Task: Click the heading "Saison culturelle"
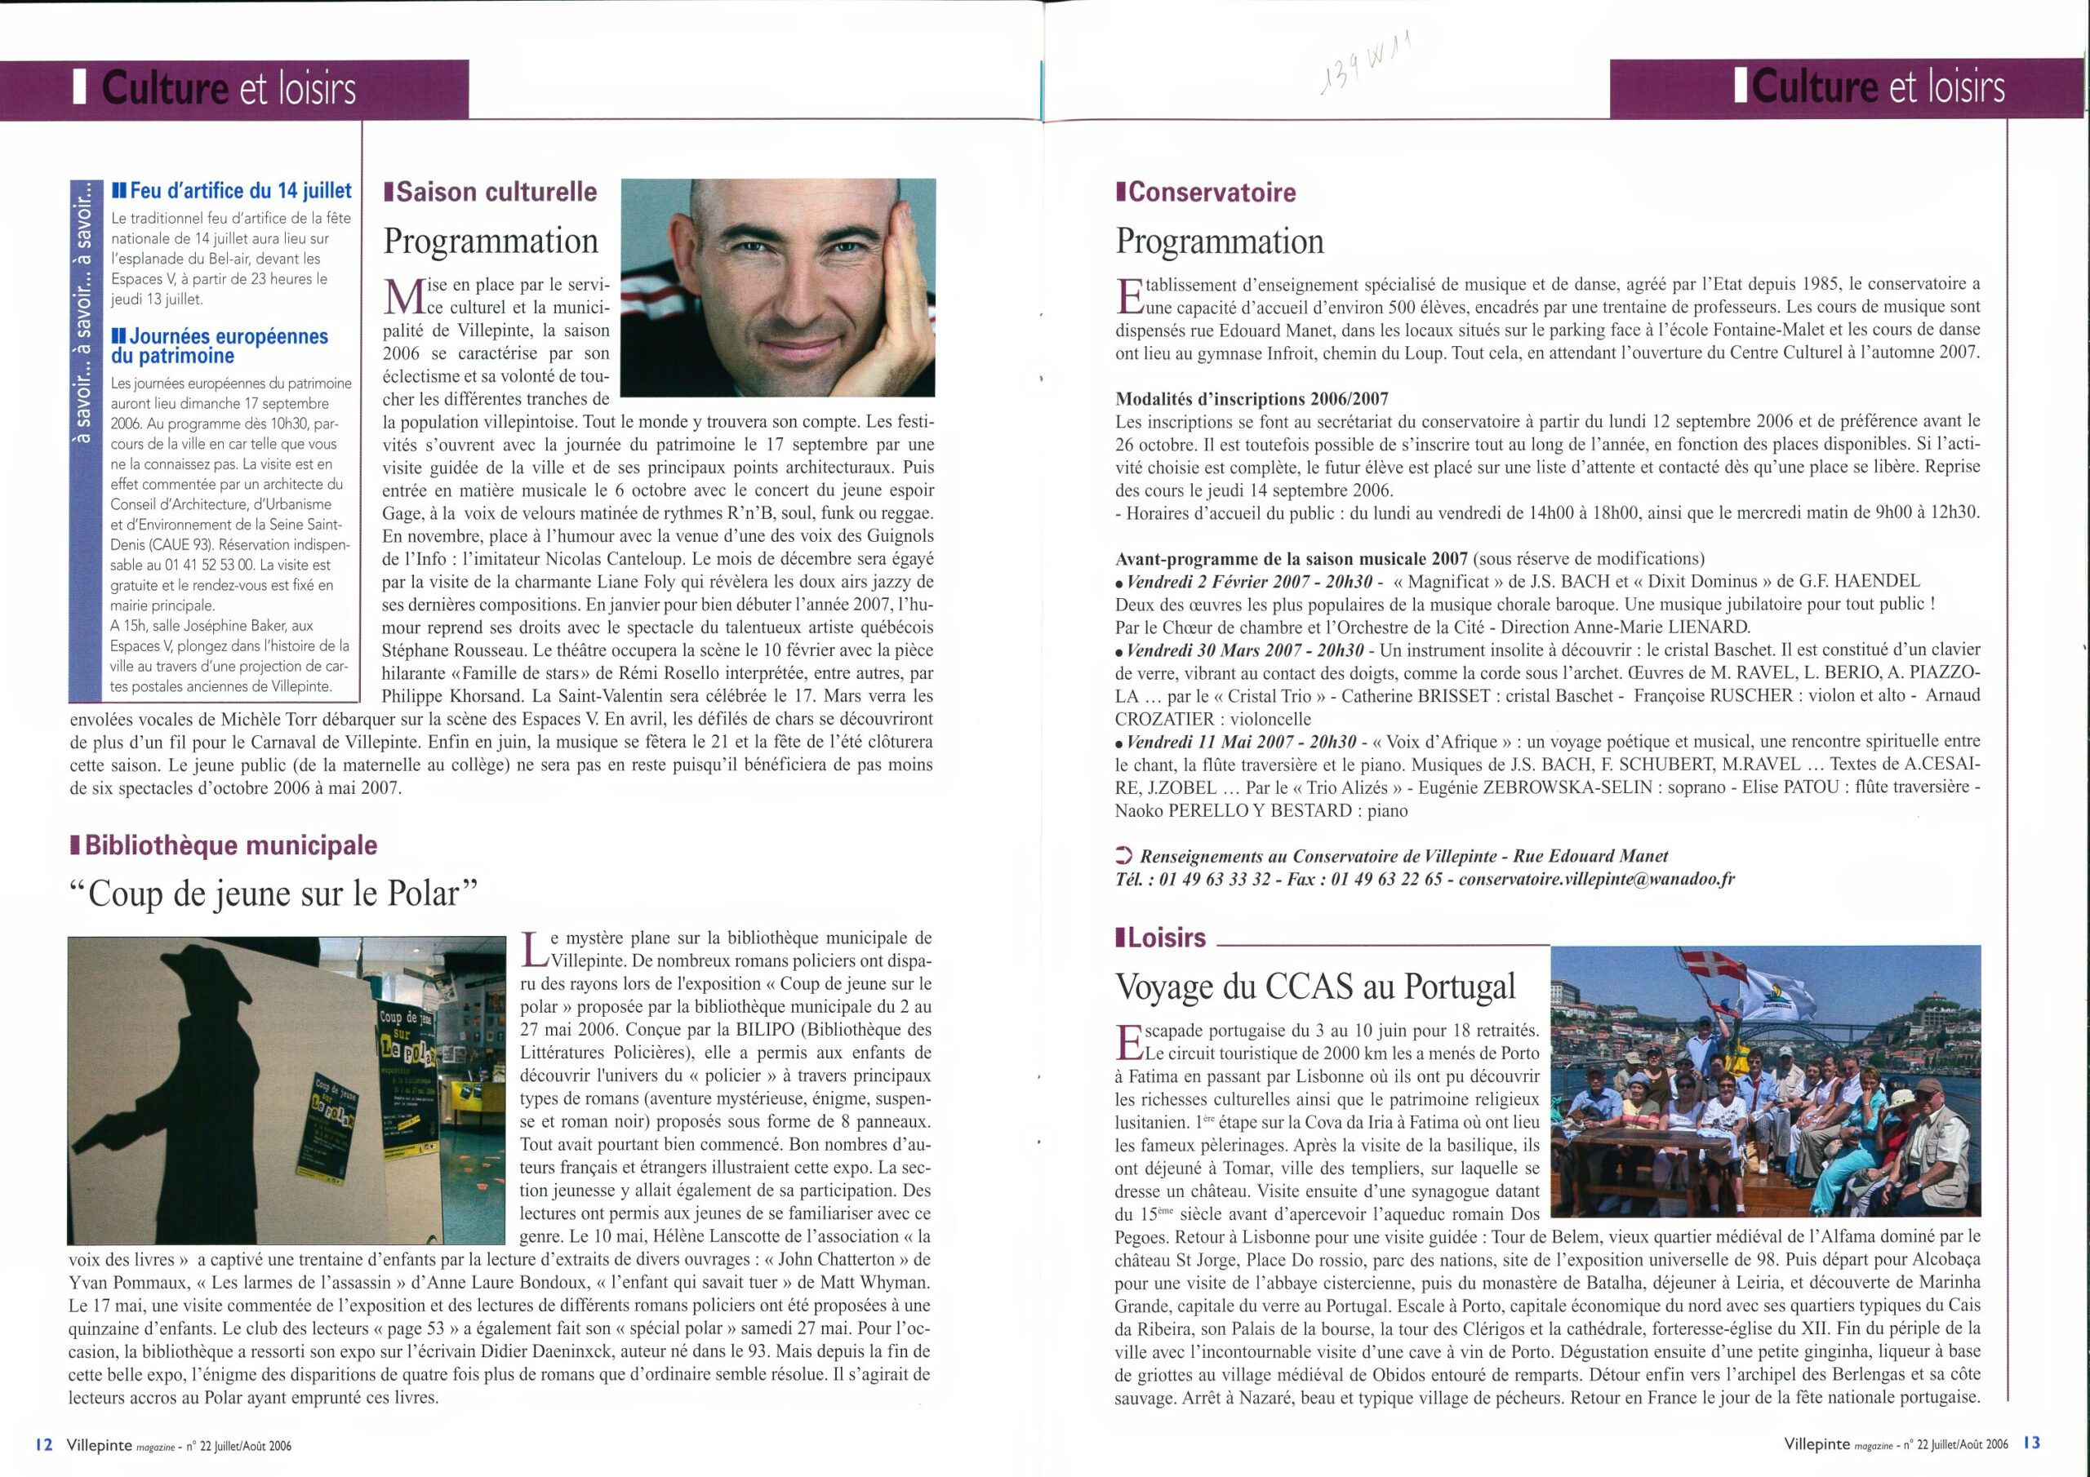pos(491,192)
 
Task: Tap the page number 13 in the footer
pos(2025,1444)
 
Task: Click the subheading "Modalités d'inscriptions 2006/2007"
pos(1252,397)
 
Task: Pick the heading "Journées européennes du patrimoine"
pos(219,346)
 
